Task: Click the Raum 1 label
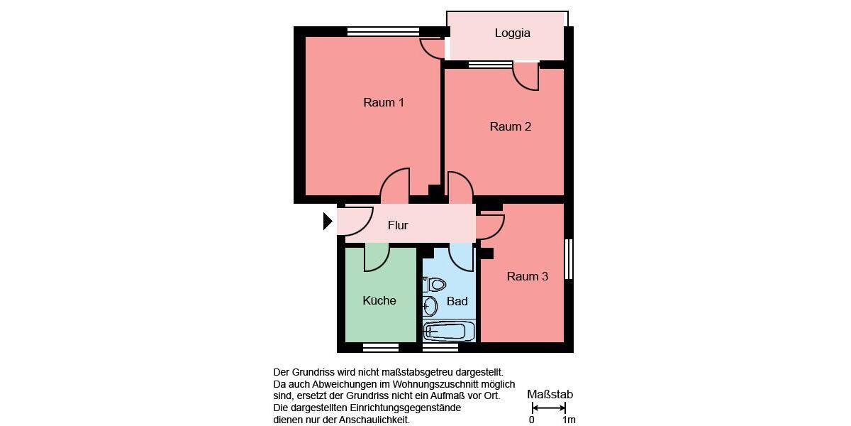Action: pos(384,102)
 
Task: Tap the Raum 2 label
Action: pos(510,127)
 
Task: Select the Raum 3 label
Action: pos(527,276)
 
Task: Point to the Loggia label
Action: pos(512,33)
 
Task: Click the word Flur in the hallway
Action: pos(398,226)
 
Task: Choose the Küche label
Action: pos(379,300)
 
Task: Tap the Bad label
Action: pos(457,302)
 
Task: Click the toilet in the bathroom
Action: pos(435,285)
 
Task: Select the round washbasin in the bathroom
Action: pos(430,307)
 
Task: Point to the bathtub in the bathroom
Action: pos(448,331)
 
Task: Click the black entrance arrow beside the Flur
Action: pos(328,222)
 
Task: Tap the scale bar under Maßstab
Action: pos(549,408)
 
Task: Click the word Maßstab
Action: pos(550,395)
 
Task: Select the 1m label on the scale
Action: pos(569,420)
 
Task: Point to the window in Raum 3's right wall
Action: pos(569,259)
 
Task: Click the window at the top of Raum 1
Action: pos(383,31)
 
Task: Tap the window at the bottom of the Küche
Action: pos(381,347)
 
